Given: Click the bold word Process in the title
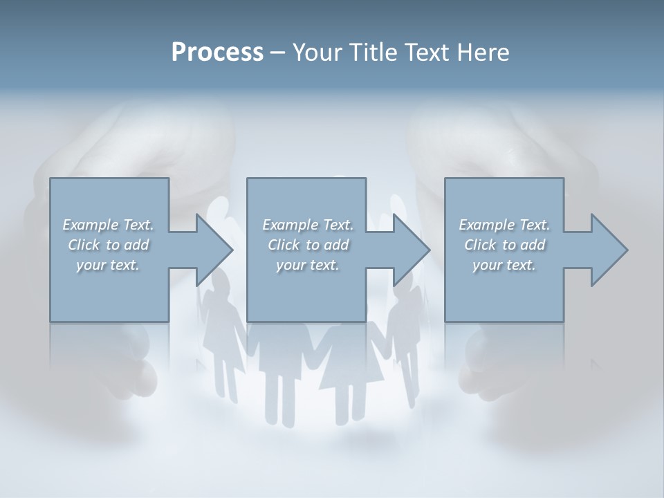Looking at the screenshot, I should click(217, 53).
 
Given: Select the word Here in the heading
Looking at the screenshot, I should click(483, 53).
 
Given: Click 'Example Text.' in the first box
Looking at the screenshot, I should click(108, 224).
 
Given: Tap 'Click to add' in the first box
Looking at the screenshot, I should click(108, 244).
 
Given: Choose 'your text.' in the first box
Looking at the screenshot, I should click(108, 264).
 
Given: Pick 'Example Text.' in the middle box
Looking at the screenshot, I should click(307, 224).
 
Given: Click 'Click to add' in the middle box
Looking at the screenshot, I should click(307, 244).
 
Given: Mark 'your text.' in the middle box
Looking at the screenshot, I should click(307, 264).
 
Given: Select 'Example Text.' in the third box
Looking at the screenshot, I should click(504, 224).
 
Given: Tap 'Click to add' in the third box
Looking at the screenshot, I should click(504, 244).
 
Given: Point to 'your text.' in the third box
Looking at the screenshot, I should click(504, 264).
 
